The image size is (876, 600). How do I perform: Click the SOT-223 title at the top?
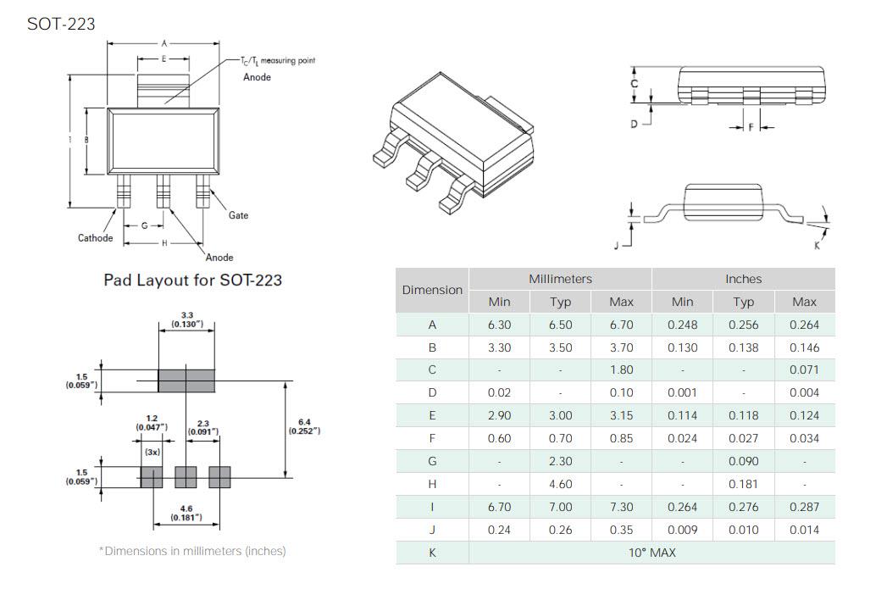[61, 24]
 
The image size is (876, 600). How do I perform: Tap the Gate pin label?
[238, 215]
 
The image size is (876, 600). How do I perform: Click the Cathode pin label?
[95, 238]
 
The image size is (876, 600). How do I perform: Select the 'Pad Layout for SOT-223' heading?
[192, 280]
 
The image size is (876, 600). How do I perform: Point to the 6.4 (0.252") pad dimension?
[304, 426]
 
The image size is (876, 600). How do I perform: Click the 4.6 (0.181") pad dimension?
[186, 513]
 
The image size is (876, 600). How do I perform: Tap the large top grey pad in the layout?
[186, 381]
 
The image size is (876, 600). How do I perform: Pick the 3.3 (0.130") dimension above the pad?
[186, 319]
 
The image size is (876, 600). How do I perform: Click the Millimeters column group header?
[560, 279]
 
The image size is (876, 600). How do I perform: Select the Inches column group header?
[743, 279]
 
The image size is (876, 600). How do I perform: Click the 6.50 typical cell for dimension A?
[560, 325]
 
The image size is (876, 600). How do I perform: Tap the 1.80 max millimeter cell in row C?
[621, 370]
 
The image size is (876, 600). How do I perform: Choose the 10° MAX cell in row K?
[651, 553]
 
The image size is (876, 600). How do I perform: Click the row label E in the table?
[432, 416]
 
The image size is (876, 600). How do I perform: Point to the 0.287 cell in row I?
[804, 507]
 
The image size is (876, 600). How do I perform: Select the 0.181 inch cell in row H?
[743, 484]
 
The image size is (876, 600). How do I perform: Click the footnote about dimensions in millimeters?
[192, 551]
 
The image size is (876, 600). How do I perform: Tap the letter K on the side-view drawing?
[817, 245]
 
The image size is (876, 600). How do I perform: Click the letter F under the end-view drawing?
[750, 128]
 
